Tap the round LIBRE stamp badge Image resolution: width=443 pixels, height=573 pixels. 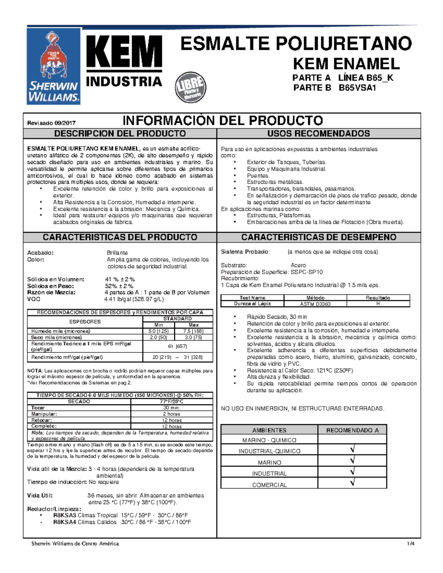point(190,87)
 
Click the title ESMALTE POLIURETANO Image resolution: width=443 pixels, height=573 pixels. point(296,44)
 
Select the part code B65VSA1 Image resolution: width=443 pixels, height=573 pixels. point(357,88)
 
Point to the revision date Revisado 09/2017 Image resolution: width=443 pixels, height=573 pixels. point(51,123)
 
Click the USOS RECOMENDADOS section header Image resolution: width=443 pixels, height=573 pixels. point(319,134)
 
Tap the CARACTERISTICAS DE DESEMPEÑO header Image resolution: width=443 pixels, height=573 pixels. point(319,237)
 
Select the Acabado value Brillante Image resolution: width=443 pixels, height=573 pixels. point(117,253)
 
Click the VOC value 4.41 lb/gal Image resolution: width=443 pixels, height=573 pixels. point(134,299)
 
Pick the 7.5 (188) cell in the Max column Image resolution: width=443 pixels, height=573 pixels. point(193,331)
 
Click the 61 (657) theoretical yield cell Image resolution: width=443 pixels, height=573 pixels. point(177,346)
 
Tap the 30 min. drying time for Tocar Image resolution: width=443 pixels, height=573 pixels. point(172,408)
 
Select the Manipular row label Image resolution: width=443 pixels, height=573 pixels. point(44,414)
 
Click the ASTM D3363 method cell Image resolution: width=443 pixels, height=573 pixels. point(315,304)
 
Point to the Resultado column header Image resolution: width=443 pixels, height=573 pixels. point(378,298)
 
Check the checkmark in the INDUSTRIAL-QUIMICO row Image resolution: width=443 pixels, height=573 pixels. point(352,450)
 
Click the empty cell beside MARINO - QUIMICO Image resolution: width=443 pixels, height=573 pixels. point(352,439)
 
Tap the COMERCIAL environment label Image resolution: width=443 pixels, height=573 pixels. point(269,485)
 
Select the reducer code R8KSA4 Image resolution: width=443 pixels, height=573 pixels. point(65,522)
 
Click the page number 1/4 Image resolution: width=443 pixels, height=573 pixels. point(411,543)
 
